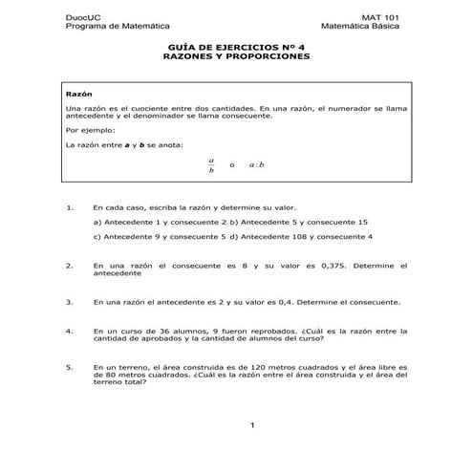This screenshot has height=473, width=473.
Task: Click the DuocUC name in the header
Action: [x=79, y=18]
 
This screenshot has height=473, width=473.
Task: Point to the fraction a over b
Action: [x=212, y=165]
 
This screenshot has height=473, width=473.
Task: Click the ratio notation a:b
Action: [x=257, y=165]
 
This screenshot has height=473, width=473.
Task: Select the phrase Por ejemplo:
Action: [x=90, y=128]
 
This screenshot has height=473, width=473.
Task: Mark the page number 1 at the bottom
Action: [x=249, y=424]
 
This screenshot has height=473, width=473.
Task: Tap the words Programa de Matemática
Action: [x=111, y=27]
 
